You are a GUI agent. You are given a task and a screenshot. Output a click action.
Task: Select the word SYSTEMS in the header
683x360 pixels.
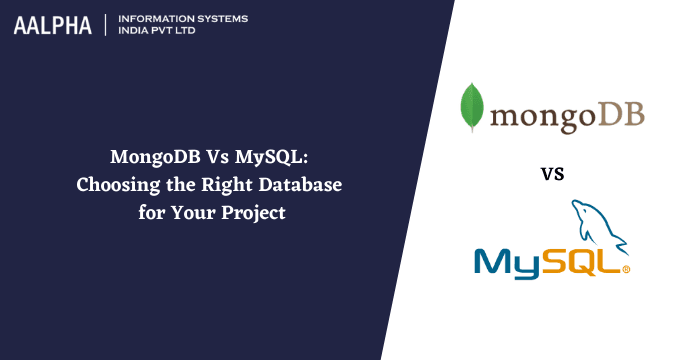[x=218, y=19]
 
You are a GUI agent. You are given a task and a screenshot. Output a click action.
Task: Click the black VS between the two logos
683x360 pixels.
[x=553, y=173]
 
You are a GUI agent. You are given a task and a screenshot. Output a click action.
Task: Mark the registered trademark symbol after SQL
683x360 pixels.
[x=627, y=270]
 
